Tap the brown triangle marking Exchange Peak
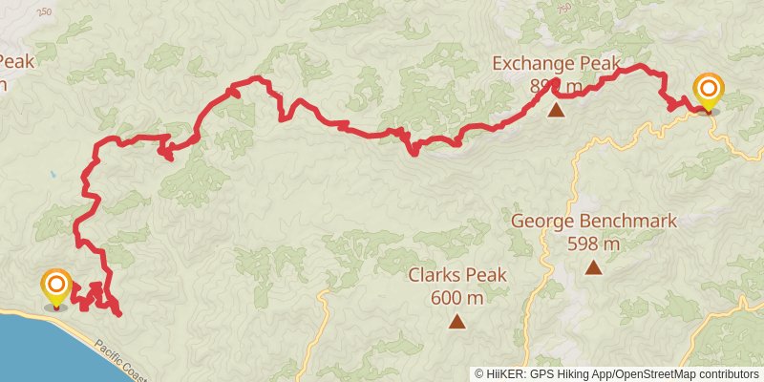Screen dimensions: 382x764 tap(556, 111)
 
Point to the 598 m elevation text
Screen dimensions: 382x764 tap(593, 244)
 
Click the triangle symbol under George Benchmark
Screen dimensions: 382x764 tap(593, 267)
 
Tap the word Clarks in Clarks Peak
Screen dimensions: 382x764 tap(435, 276)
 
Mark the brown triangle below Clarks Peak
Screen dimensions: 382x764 tap(456, 322)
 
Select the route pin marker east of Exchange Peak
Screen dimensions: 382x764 tap(709, 93)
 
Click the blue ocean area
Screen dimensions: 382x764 tap(38, 349)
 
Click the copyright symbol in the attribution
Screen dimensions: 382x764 tap(479, 373)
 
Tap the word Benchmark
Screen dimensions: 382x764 tap(631, 222)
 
